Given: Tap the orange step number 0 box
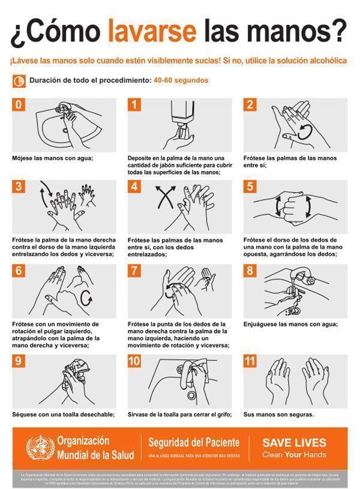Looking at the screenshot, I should point(19,104).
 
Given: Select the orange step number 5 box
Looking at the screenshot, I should point(251,186).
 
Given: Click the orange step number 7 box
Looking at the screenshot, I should point(135,270).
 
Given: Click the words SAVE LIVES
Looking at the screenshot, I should point(294,443).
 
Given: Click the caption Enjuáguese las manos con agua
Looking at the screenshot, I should point(290,325).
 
